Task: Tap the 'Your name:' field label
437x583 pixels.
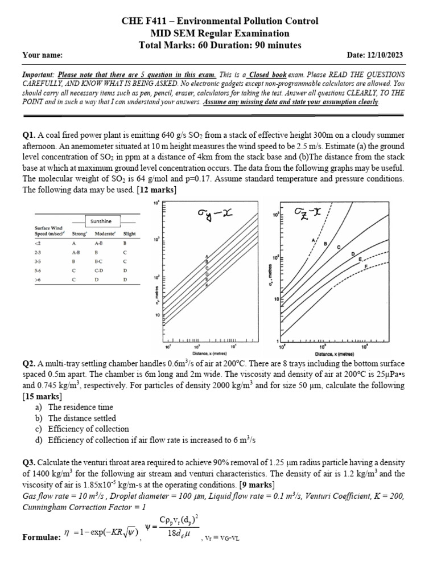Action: (x=42, y=55)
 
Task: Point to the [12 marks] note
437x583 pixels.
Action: (x=158, y=190)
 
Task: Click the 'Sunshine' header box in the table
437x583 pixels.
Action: (x=101, y=221)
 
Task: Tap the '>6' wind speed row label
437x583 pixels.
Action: (x=38, y=280)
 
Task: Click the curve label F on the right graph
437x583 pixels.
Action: (x=365, y=266)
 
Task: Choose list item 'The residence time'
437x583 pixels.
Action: (x=80, y=407)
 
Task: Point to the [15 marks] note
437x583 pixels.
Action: (x=44, y=396)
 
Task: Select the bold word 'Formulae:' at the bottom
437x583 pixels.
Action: (x=41, y=537)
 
